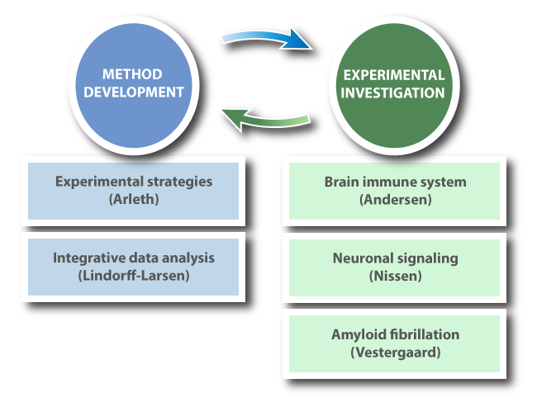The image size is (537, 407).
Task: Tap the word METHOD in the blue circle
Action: pyautogui.click(x=134, y=74)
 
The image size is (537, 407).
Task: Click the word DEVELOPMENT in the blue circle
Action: pyautogui.click(x=134, y=92)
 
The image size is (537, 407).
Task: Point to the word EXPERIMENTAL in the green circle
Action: pyautogui.click(x=393, y=74)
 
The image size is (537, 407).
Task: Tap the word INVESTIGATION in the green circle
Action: pyautogui.click(x=393, y=92)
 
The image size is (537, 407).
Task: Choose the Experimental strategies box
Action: pyautogui.click(x=133, y=190)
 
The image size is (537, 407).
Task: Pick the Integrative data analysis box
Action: pyautogui.click(x=133, y=267)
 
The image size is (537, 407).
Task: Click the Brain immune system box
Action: pyautogui.click(x=394, y=190)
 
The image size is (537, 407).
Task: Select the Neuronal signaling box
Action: pyautogui.click(x=394, y=267)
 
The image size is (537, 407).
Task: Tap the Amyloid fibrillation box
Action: pyautogui.click(x=394, y=343)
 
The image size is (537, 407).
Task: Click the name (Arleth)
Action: pyautogui.click(x=133, y=198)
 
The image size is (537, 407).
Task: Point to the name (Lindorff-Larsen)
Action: pyautogui.click(x=133, y=275)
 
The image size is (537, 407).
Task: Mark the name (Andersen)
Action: pyautogui.click(x=394, y=198)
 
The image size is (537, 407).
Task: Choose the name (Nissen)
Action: pyautogui.click(x=394, y=275)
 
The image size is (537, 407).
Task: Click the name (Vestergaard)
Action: pyautogui.click(x=394, y=351)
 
